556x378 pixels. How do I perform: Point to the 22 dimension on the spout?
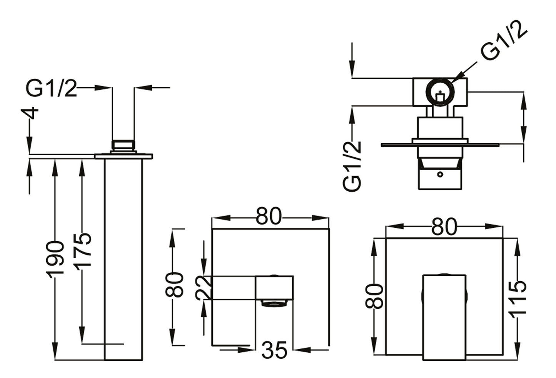(204, 287)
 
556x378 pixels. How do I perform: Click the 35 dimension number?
(274, 350)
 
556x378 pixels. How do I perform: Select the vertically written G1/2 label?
(352, 166)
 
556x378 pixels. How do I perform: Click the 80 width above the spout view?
(269, 217)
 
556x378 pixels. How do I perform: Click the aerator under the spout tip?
(274, 304)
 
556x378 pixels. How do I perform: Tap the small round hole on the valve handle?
(440, 174)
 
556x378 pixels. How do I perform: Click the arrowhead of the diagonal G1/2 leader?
(454, 80)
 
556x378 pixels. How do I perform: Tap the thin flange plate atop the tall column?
(124, 156)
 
